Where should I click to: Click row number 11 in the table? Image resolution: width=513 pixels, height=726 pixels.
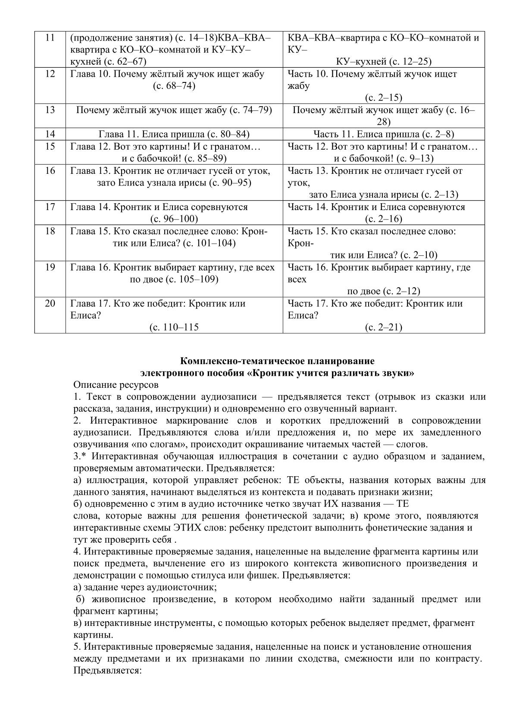[x=50, y=38]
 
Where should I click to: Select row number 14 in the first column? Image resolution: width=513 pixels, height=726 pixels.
[x=50, y=134]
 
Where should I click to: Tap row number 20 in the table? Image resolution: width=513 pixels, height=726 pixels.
[x=50, y=303]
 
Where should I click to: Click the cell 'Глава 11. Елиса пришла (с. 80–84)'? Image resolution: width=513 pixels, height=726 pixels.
[x=174, y=134]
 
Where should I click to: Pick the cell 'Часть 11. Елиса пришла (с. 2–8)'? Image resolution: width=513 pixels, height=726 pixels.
[x=384, y=134]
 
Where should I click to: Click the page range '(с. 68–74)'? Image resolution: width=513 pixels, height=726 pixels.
[x=174, y=86]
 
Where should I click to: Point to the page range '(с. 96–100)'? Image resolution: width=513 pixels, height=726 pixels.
[x=174, y=219]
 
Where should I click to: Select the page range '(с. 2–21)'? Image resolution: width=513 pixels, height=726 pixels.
[x=384, y=327]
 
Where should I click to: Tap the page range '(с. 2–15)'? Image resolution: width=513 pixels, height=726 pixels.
[x=384, y=98]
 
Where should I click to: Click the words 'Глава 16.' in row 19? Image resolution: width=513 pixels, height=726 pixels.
[x=91, y=267]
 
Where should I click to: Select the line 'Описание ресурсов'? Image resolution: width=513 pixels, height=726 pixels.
[x=116, y=384]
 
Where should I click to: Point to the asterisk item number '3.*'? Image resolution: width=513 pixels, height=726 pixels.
[x=81, y=456]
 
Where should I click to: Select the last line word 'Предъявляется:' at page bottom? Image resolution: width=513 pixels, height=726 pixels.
[x=108, y=671]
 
